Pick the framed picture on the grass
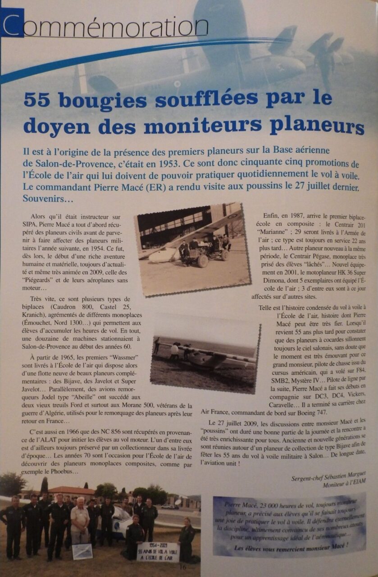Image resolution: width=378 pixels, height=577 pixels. (x=82, y=551)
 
